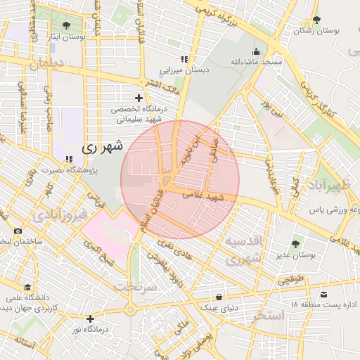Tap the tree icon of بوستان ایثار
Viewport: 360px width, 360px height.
(65, 25)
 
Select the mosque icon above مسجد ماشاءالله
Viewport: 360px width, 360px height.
(256, 51)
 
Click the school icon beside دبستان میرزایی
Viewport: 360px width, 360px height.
(184, 60)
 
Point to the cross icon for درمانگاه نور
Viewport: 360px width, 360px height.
(89, 319)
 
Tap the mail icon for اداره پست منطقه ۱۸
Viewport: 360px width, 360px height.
(324, 293)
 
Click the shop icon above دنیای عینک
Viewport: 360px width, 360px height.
(221, 297)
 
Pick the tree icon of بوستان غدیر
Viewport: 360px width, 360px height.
(295, 244)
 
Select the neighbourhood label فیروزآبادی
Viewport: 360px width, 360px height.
(61, 213)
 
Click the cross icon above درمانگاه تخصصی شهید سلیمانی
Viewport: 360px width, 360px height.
(139, 98)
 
